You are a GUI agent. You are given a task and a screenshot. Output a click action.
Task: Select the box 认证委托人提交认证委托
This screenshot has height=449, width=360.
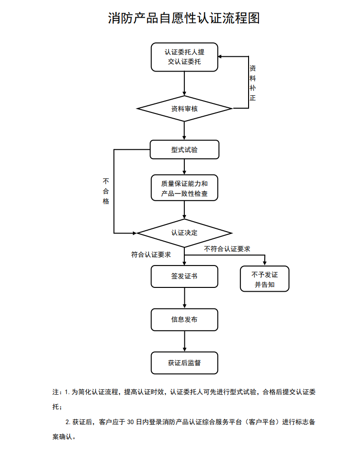(x=184, y=57)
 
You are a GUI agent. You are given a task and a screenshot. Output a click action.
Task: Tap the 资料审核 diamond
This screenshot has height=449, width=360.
(x=184, y=109)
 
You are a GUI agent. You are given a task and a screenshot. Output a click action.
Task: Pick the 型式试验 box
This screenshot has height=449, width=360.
(x=184, y=149)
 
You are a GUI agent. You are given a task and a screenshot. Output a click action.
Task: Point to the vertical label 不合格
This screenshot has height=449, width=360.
(x=106, y=191)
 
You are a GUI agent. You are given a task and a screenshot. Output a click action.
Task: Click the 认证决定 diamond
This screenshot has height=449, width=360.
(x=184, y=233)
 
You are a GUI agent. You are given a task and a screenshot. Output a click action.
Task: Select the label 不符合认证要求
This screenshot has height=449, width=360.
(x=227, y=249)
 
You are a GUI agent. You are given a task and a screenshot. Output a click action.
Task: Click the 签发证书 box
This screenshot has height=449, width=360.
(x=184, y=276)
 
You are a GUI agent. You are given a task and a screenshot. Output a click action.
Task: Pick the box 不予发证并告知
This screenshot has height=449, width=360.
(x=264, y=279)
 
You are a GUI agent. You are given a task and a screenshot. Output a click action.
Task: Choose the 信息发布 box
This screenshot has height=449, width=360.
(x=184, y=319)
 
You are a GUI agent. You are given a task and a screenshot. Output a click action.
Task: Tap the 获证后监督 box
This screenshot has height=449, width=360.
(x=184, y=363)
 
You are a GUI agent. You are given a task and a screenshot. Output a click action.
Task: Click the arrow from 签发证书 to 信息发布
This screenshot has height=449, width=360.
(x=184, y=298)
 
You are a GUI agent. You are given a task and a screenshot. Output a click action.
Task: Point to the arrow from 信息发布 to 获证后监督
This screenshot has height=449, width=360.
(x=184, y=341)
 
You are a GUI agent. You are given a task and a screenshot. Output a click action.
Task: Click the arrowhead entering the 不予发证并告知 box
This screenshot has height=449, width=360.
(x=264, y=263)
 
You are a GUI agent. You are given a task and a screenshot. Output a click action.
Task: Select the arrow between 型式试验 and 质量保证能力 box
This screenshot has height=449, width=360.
(x=184, y=167)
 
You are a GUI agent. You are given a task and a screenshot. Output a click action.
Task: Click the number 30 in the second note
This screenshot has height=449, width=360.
(x=131, y=422)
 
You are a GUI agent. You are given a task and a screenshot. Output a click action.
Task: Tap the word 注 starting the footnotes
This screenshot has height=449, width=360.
(x=55, y=392)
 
